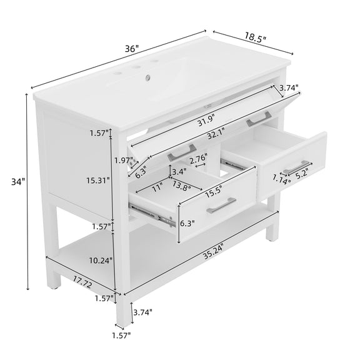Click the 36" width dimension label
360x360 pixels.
132,49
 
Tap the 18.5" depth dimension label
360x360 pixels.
255,37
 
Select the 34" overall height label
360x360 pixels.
18,182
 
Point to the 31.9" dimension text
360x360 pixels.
206,121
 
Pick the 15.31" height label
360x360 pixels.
98,181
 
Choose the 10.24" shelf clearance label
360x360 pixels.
101,261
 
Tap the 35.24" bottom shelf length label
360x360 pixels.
213,251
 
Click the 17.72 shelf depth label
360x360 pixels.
83,282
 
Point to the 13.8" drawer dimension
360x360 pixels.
181,186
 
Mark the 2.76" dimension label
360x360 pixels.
198,158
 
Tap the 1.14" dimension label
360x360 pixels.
281,179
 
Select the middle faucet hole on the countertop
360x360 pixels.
137,67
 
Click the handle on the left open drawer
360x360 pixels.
221,205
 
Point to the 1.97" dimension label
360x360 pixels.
124,160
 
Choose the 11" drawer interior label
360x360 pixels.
157,187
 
